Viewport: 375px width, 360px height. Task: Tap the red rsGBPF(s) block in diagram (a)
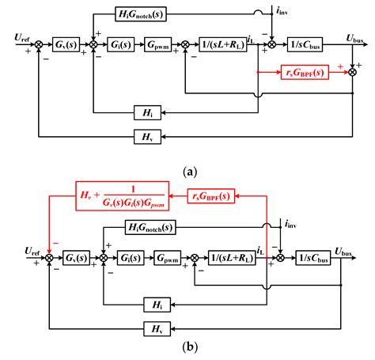(x=304, y=73)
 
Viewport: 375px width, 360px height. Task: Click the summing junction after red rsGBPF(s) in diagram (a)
(x=352, y=73)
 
